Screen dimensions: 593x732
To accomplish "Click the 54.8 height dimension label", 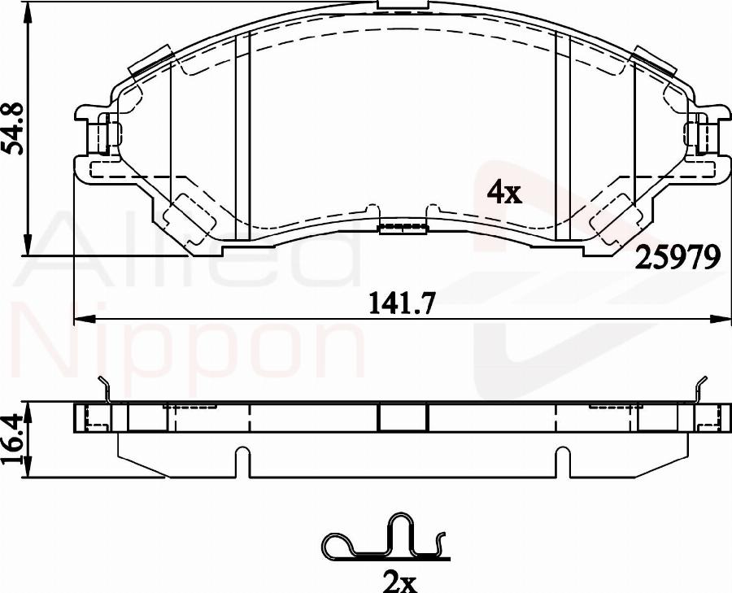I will [13, 129].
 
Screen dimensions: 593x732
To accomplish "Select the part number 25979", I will [678, 258].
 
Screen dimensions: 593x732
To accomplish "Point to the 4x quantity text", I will [503, 193].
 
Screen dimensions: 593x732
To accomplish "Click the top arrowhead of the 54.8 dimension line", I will [29, 10].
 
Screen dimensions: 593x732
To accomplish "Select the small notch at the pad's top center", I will [403, 7].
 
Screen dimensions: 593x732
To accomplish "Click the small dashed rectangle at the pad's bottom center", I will [403, 225].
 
